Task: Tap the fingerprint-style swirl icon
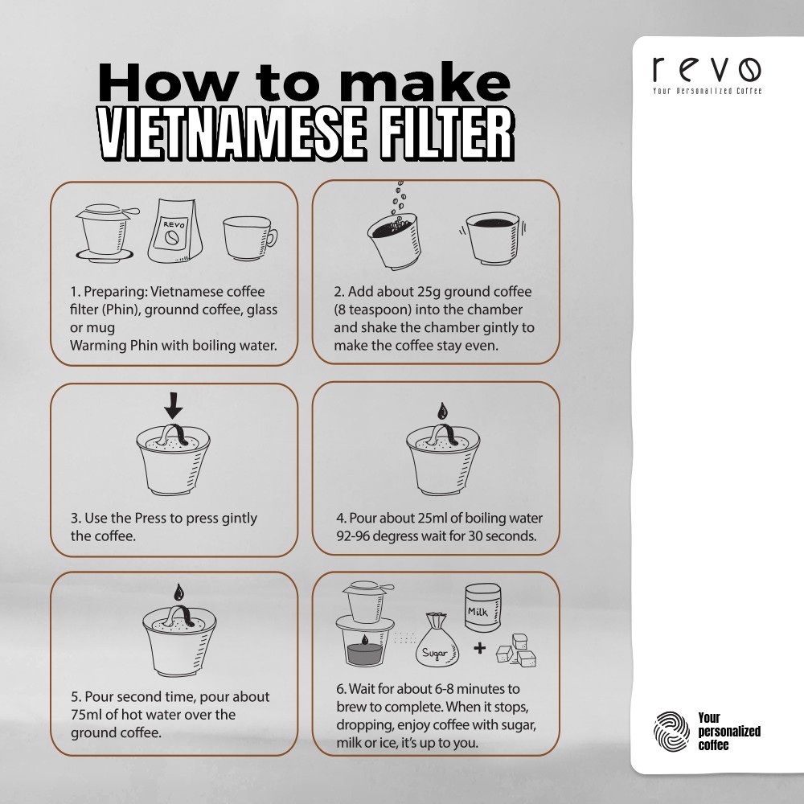(671, 731)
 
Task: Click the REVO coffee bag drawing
(175, 232)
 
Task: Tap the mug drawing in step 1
(250, 238)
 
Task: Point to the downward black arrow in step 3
(174, 405)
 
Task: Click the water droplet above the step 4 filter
(442, 411)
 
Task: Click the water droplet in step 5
(178, 593)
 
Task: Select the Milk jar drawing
(482, 608)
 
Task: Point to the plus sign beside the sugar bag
(479, 649)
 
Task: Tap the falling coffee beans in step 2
(399, 198)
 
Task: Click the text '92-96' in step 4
(352, 536)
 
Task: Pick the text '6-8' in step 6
(444, 689)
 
